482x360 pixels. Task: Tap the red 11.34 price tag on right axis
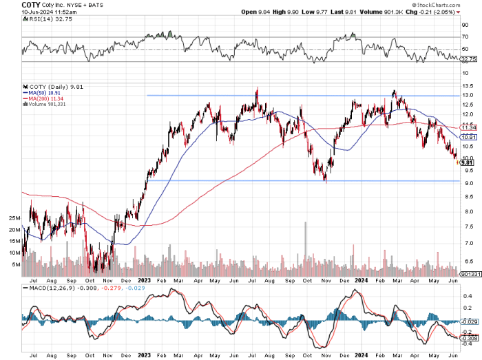pos(469,128)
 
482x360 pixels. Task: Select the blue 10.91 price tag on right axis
pos(469,138)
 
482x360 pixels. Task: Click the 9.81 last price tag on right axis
pos(468,162)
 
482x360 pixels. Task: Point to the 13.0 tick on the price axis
pos(468,96)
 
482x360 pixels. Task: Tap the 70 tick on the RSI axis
pos(465,36)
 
